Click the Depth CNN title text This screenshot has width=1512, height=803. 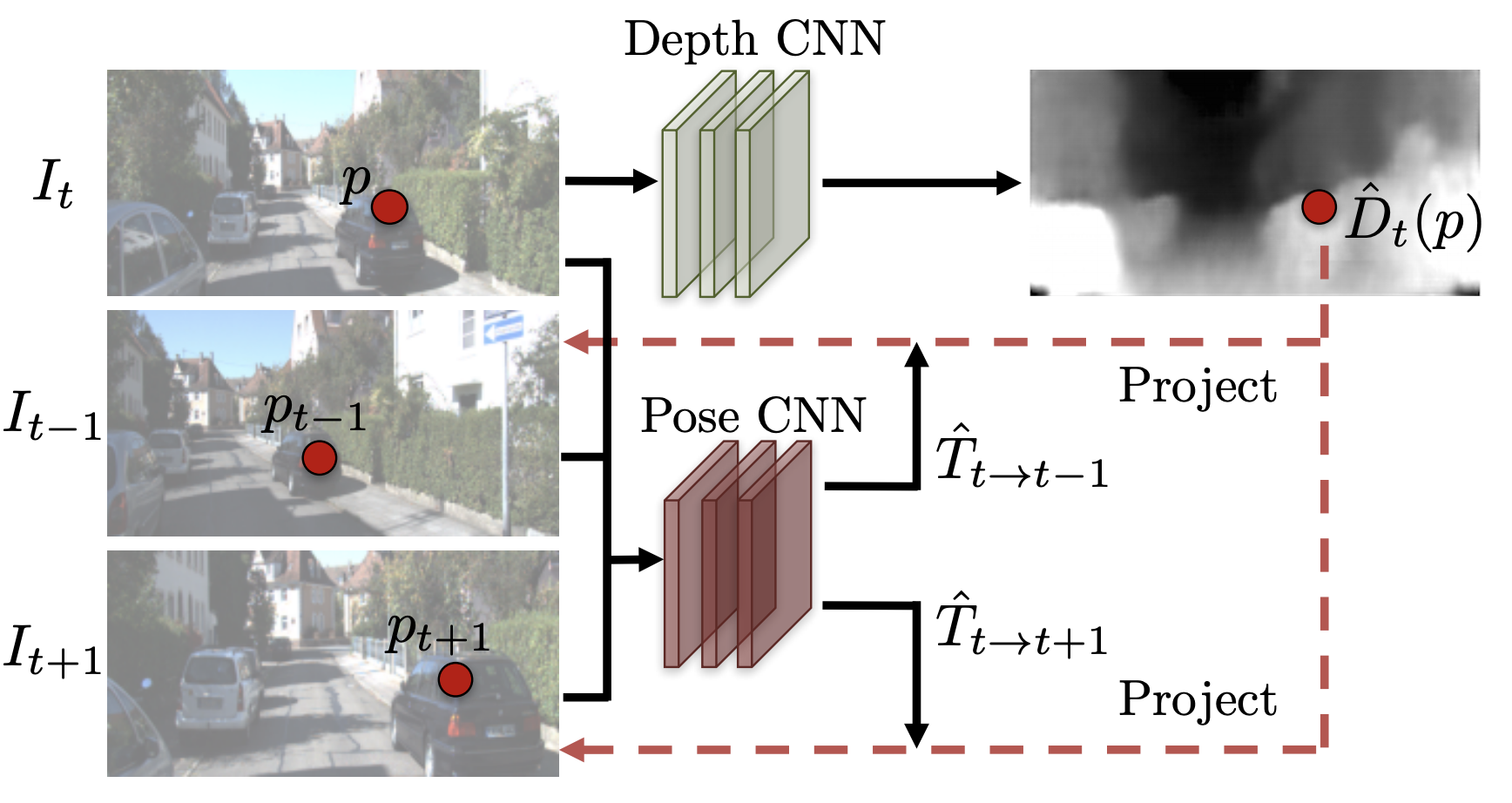point(754,38)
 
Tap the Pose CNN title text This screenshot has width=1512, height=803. point(754,415)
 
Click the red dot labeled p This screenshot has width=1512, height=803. point(389,206)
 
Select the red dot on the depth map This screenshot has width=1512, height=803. point(1319,207)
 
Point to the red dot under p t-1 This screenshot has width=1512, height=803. point(319,457)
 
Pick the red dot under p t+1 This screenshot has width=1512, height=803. point(455,679)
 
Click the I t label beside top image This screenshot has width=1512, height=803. point(53,185)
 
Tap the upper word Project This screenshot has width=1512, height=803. point(1198,386)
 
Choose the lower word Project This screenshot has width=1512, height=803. point(1198,699)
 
